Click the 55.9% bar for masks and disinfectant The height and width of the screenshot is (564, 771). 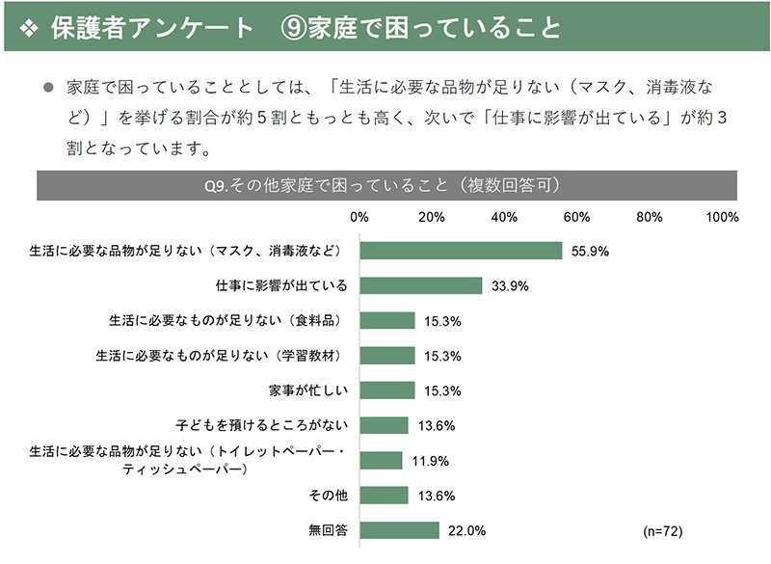pyautogui.click(x=461, y=251)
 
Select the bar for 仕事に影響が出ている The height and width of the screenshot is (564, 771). pyautogui.click(x=420, y=285)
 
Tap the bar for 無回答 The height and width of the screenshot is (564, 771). pyautogui.click(x=399, y=530)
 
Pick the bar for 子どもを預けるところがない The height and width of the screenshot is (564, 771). pyautogui.click(x=384, y=425)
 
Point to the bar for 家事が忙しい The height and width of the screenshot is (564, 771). pyautogui.click(x=387, y=390)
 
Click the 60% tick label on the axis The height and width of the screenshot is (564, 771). pyautogui.click(x=576, y=216)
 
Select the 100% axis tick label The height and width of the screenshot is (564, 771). pyautogui.click(x=722, y=216)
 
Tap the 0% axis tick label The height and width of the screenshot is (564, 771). pyautogui.click(x=359, y=216)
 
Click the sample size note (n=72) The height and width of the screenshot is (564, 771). pyautogui.click(x=662, y=530)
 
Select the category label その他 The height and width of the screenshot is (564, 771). pyautogui.click(x=330, y=496)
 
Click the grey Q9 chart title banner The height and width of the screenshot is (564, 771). pyautogui.click(x=386, y=185)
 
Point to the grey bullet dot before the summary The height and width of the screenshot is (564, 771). pyautogui.click(x=48, y=87)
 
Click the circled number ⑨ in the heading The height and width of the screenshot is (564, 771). pyautogui.click(x=292, y=27)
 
